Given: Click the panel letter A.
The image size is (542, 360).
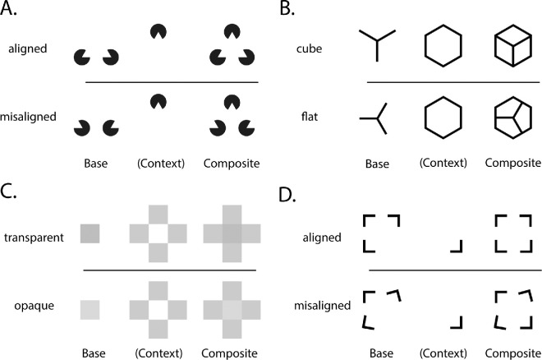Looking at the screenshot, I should point(13,11).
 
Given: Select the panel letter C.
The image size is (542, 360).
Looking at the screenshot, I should point(13,193).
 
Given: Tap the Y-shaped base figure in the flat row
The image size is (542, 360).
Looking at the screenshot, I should point(376,120).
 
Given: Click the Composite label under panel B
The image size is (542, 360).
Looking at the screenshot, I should point(511,164).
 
